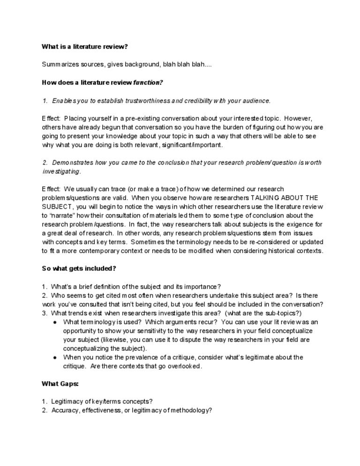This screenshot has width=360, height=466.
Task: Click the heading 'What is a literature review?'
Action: point(84,46)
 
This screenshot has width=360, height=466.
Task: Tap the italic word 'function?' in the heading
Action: point(148,83)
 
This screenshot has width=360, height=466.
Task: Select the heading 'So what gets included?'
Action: point(79,269)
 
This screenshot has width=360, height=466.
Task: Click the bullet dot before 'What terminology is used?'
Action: point(55,323)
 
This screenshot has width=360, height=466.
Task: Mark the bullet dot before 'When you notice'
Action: point(55,358)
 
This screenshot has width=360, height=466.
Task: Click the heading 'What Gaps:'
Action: point(60,384)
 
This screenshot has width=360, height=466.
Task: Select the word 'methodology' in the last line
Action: point(188,410)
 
